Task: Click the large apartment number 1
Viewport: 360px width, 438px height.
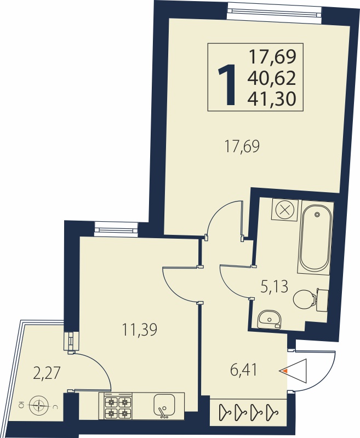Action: [227, 85]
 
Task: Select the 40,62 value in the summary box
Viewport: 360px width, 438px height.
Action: [271, 78]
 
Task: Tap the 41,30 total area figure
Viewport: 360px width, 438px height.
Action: [271, 99]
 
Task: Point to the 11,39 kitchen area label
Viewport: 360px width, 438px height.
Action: [140, 329]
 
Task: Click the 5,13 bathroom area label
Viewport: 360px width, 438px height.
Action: [274, 286]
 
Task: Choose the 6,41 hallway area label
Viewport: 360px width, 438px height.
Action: [243, 371]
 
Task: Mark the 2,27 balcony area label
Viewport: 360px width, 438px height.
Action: [47, 374]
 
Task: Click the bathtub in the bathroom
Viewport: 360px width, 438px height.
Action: [316, 238]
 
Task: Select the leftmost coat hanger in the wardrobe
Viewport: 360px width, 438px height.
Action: [225, 411]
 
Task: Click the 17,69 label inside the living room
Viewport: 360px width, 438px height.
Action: [242, 147]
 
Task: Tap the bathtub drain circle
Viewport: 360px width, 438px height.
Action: [317, 215]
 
